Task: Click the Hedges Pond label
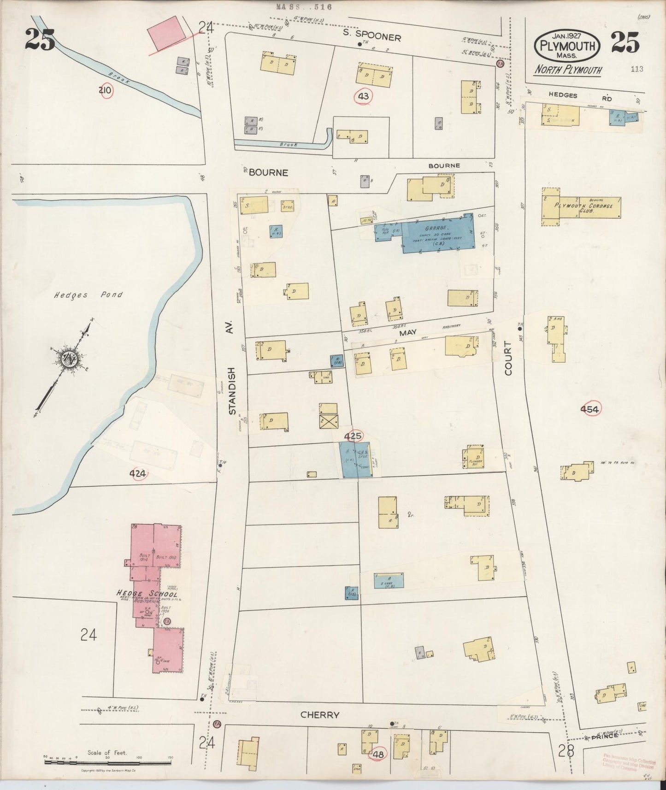[95, 295]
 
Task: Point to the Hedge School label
[147, 595]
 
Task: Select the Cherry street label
[320, 715]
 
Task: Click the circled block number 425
[353, 436]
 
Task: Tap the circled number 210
[105, 90]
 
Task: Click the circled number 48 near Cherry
[379, 755]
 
